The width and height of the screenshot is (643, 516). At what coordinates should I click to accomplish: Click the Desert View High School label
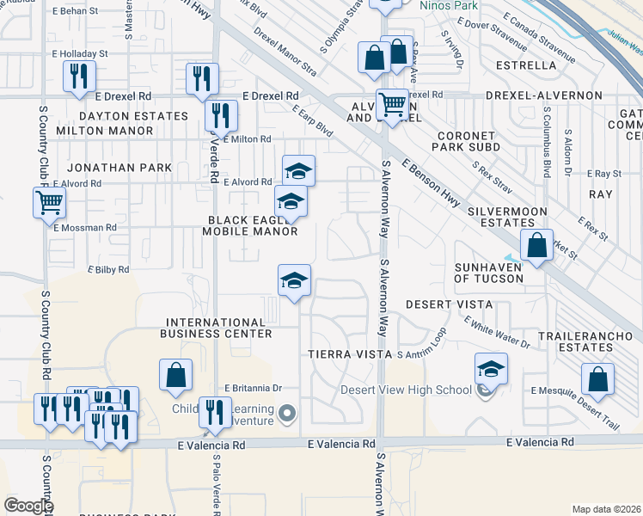pos(407,389)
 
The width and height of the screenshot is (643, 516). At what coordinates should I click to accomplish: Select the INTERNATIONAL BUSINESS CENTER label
pos(219,328)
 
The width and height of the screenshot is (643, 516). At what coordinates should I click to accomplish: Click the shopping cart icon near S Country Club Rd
pos(49,203)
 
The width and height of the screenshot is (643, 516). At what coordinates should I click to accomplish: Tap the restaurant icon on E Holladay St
pos(78,76)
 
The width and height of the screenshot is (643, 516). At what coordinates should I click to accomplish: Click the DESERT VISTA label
pos(449,304)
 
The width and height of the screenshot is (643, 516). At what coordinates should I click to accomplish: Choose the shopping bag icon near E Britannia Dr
pos(175,374)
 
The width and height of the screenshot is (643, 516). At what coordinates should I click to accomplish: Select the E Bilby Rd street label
pos(108,269)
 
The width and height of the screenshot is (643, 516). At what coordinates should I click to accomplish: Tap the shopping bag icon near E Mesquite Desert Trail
pos(597,378)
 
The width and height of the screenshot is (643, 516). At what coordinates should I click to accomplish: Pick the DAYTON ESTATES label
pos(133,116)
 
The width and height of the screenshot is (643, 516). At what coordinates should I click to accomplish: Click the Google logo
pos(28,506)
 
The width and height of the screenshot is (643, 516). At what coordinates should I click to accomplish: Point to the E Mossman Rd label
pos(84,228)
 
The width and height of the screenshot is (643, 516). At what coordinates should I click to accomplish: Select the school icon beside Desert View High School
pos(491,369)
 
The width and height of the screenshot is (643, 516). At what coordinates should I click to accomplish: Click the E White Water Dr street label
pos(497,332)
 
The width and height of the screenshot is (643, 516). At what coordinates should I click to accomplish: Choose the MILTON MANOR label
pos(104,131)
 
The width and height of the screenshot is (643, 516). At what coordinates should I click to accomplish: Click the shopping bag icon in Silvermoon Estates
pos(536,245)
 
